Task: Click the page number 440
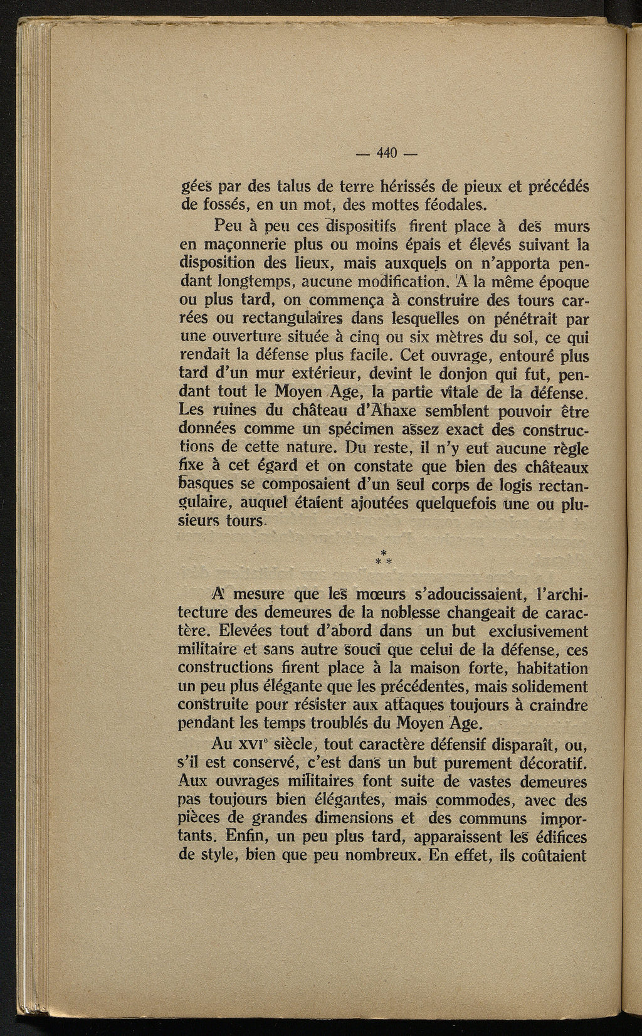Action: pyautogui.click(x=388, y=152)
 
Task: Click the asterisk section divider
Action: pyautogui.click(x=383, y=558)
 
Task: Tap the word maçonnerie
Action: pyautogui.click(x=224, y=241)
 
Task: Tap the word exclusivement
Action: pyautogui.click(x=537, y=630)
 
